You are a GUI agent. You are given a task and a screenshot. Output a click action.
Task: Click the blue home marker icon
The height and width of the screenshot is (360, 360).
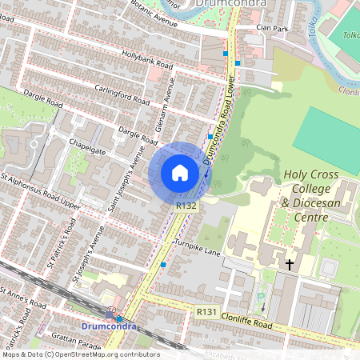click(x=180, y=172)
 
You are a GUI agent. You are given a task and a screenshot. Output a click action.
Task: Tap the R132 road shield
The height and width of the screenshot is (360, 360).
click(x=186, y=206)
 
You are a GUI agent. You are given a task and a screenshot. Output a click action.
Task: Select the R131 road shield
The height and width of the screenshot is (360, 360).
click(x=205, y=309)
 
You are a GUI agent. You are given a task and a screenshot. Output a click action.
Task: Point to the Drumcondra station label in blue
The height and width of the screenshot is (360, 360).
click(x=109, y=326)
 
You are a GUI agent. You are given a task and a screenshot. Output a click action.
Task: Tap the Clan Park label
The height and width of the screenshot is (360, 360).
click(x=272, y=28)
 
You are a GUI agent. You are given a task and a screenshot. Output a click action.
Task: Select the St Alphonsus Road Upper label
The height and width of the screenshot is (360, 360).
click(x=40, y=191)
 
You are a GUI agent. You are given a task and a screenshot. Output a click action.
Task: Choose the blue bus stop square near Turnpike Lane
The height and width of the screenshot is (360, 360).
click(x=163, y=264)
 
